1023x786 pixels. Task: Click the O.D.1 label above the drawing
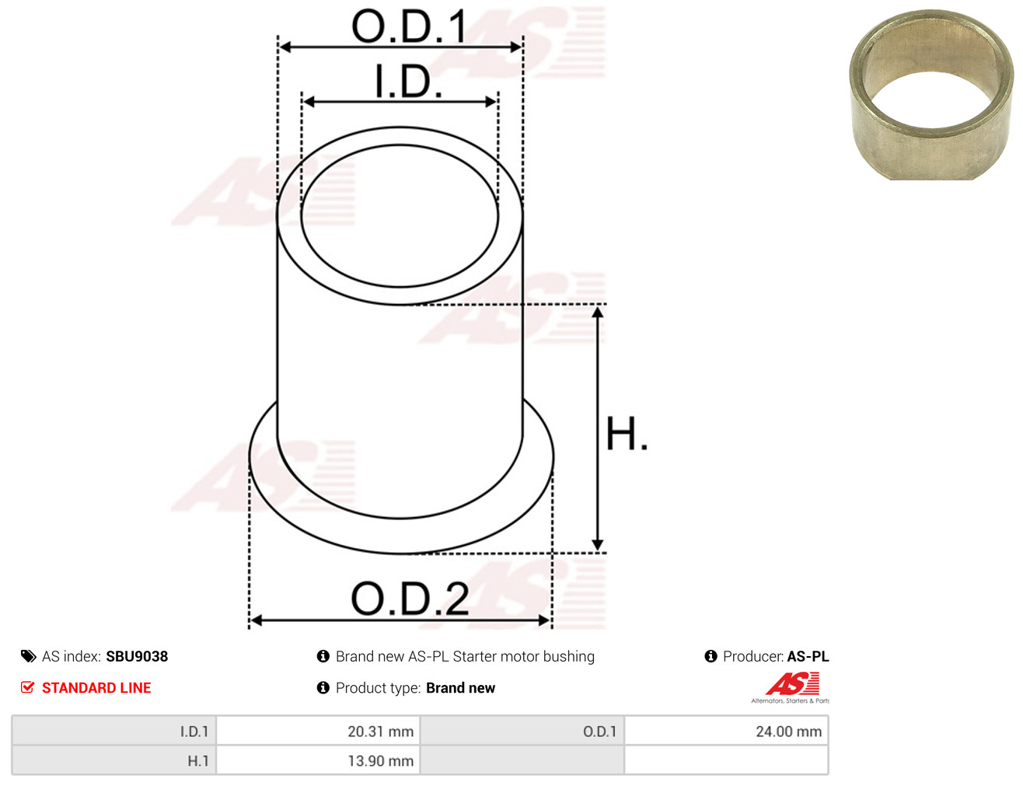[x=409, y=26]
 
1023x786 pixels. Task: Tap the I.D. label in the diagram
[x=408, y=81]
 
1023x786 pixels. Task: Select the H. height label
[x=626, y=433]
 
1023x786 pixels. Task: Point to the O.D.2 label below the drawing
[x=410, y=598]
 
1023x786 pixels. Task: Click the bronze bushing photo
[x=932, y=95]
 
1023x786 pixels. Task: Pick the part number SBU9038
[x=137, y=656]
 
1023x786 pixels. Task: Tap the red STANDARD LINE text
[x=96, y=687]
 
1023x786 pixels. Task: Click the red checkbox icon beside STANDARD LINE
[x=27, y=687]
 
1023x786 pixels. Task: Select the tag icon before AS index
[x=28, y=656]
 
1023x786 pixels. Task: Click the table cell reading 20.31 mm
[x=318, y=731]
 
